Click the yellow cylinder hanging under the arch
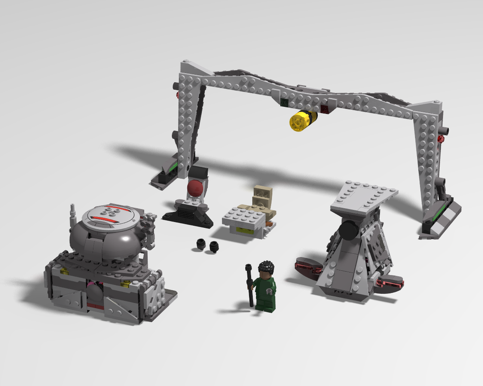point(300,120)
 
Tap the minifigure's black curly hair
point(265,267)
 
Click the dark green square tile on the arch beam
point(284,102)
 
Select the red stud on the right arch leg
point(440,140)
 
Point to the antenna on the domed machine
point(73,211)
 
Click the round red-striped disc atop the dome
point(110,216)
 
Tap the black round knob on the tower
point(347,231)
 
